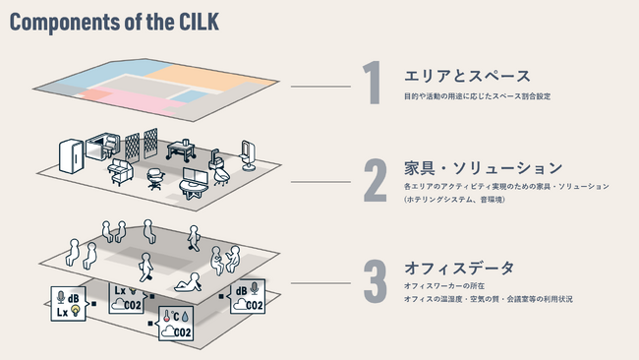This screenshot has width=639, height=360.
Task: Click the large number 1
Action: tap(372, 85)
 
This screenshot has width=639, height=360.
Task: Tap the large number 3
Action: tap(375, 280)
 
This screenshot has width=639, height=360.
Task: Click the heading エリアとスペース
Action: tap(454, 76)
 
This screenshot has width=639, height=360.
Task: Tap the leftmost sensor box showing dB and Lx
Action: tap(69, 303)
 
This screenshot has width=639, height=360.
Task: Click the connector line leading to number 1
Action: tap(320, 87)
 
